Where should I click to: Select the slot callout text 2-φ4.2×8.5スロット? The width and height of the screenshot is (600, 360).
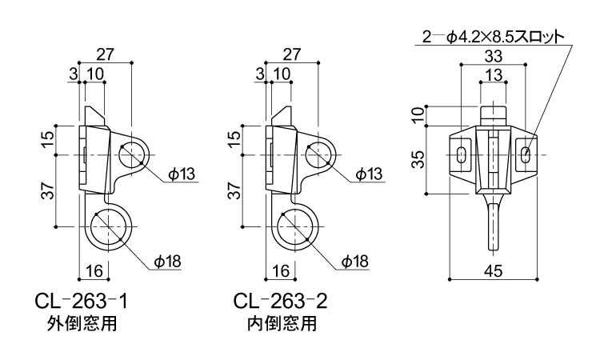pyautogui.click(x=493, y=37)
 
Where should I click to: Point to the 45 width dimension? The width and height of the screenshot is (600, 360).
pyautogui.click(x=494, y=271)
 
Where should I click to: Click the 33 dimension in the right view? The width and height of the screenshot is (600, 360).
pyautogui.click(x=494, y=57)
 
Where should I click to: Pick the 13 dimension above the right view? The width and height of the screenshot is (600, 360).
pyautogui.click(x=494, y=75)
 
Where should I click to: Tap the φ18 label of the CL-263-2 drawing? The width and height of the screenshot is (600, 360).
pyautogui.click(x=354, y=261)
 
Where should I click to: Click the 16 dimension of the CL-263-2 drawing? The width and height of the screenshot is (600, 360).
pyautogui.click(x=279, y=271)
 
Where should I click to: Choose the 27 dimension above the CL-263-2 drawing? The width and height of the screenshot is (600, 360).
pyautogui.click(x=292, y=54)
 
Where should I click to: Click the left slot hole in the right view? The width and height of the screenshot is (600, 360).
pyautogui.click(x=462, y=154)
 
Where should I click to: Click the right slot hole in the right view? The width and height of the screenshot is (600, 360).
pyautogui.click(x=525, y=154)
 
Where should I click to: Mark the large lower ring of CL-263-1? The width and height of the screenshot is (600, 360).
pyautogui.click(x=107, y=228)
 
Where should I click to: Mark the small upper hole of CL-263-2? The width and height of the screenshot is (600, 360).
pyautogui.click(x=318, y=154)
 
